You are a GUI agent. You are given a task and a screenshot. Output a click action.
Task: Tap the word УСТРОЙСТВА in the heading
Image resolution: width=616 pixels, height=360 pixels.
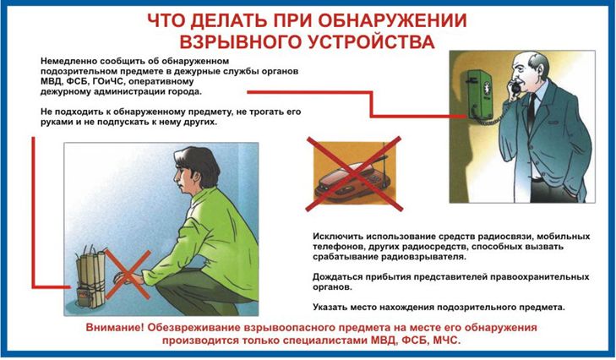coord(371,41)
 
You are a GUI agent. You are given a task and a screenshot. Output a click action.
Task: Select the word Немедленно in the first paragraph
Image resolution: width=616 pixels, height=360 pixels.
coord(68,62)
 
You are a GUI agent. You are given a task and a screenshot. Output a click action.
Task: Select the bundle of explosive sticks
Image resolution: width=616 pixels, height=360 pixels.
coord(90,277)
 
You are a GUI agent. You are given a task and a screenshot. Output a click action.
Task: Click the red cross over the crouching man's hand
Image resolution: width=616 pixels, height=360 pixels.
coord(128,275)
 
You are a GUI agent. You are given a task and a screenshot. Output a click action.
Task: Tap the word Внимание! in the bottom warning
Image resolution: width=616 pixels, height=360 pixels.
coord(112,328)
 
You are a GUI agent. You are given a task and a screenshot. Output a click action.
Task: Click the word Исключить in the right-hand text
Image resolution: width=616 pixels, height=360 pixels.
coord(338,237)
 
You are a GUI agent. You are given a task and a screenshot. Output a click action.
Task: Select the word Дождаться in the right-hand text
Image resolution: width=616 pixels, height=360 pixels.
coord(337,276)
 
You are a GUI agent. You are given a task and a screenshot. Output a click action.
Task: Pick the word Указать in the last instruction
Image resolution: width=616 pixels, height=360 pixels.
coord(330,307)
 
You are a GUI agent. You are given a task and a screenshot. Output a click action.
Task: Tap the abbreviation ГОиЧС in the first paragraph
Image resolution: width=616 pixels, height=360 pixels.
coord(107,82)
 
